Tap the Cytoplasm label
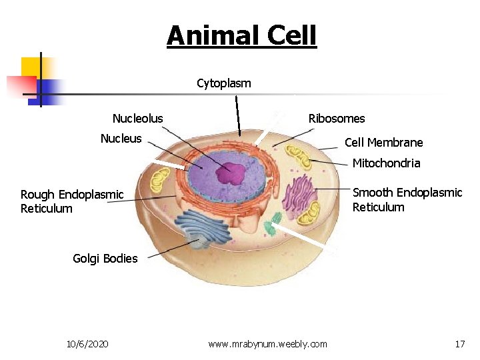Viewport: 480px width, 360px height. pos(224,83)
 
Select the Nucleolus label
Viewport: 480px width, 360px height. pos(137,119)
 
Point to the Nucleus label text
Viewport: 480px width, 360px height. pos(121,139)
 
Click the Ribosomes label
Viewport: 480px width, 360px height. pos(337,119)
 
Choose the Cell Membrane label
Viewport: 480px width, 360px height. pos(383,143)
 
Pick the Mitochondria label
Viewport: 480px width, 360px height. pos(386,163)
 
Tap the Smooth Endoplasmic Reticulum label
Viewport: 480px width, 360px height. pos(407,200)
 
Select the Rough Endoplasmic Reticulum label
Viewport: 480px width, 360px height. pos(72,201)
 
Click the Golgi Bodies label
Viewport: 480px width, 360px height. pos(105,259)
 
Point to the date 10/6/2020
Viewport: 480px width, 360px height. pos(88,344)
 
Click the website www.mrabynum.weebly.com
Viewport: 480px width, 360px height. pos(267,344)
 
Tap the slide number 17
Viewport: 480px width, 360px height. pos(459,344)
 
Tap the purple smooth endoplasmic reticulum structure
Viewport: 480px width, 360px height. pos(298,194)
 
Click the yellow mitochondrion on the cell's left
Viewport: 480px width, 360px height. pos(160,180)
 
